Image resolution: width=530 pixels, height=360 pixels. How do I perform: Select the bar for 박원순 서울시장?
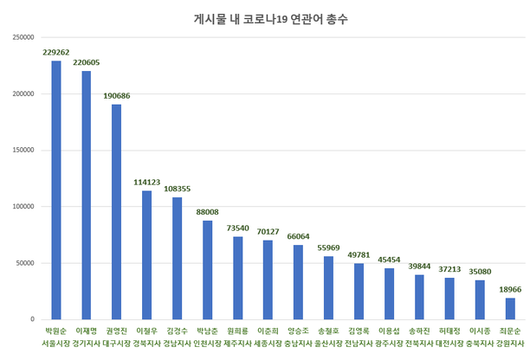[56, 190]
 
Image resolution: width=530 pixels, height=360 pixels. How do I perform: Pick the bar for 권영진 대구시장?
[117, 212]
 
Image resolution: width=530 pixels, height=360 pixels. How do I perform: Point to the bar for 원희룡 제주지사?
[237, 278]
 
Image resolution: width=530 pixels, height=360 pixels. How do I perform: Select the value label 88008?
[208, 211]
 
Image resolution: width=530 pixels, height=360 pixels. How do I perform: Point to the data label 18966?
[510, 289]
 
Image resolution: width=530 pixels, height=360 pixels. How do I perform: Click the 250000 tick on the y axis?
[23, 37]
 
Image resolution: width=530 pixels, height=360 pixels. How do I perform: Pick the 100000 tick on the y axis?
[23, 207]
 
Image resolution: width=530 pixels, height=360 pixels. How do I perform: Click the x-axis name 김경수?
[178, 331]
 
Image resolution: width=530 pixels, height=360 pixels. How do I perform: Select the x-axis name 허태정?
[449, 331]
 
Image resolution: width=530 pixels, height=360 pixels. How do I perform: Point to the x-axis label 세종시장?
[268, 343]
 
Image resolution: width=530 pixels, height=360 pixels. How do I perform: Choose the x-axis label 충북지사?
[480, 343]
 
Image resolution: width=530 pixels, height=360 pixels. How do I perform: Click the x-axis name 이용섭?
[389, 331]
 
